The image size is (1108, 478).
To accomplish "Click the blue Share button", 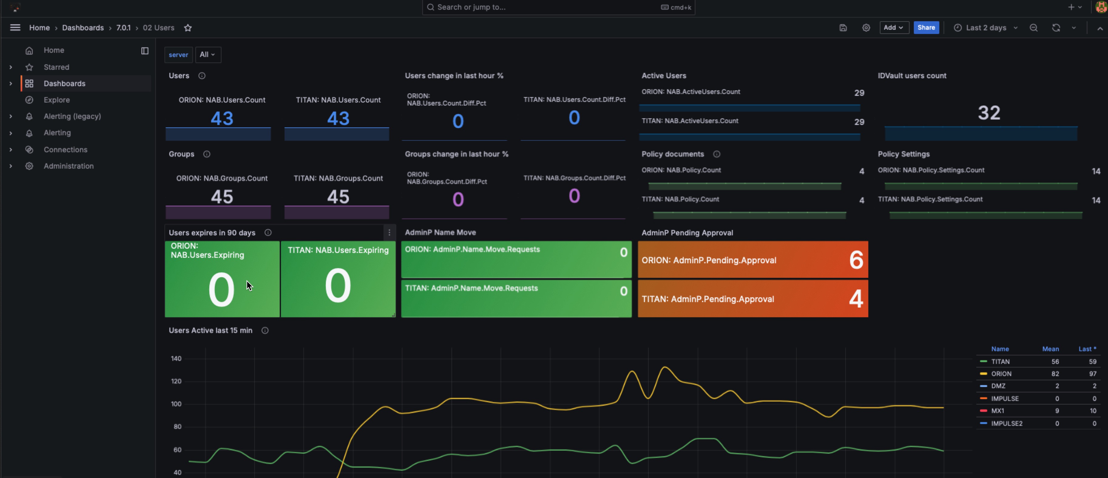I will pos(926,28).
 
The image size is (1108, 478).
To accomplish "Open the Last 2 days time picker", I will pos(985,28).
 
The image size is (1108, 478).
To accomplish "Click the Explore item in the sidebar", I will pos(56,100).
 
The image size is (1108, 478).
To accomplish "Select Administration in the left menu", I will pos(68,166).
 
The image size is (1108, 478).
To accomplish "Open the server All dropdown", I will pos(207,55).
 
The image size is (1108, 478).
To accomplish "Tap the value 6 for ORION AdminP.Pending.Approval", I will pos(856,260).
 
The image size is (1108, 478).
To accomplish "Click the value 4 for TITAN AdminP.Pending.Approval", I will pos(856,299).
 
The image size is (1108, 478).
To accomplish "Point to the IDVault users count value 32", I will pos(988,113).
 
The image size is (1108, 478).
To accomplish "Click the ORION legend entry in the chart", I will pos(1001,374).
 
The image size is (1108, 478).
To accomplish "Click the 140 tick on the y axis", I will pos(176,358).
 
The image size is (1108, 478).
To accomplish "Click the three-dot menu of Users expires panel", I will pos(389,233).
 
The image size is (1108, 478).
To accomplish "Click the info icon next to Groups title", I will pos(206,154).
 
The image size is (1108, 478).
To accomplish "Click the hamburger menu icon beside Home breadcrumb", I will pos(15,28).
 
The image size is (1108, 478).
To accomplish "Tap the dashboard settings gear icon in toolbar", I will pos(866,28).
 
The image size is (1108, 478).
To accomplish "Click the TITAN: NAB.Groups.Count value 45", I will pos(338,197).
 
